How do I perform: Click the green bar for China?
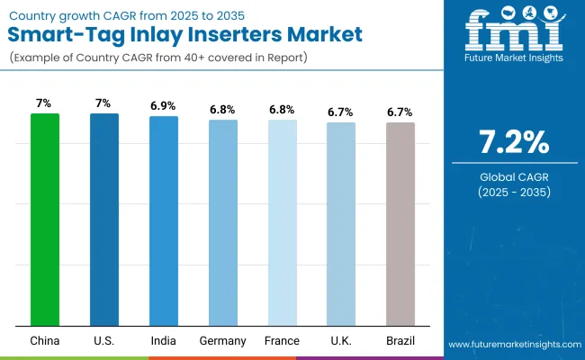[x=45, y=220]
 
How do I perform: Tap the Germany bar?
[x=222, y=222]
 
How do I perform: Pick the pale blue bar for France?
[x=282, y=222]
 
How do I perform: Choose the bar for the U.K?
[x=341, y=223]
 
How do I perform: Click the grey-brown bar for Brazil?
[x=400, y=223]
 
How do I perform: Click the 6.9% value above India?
[x=163, y=105]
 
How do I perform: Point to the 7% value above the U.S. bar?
[x=104, y=103]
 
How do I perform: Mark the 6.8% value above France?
[x=282, y=109]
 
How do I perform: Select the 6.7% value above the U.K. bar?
[x=341, y=112]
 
